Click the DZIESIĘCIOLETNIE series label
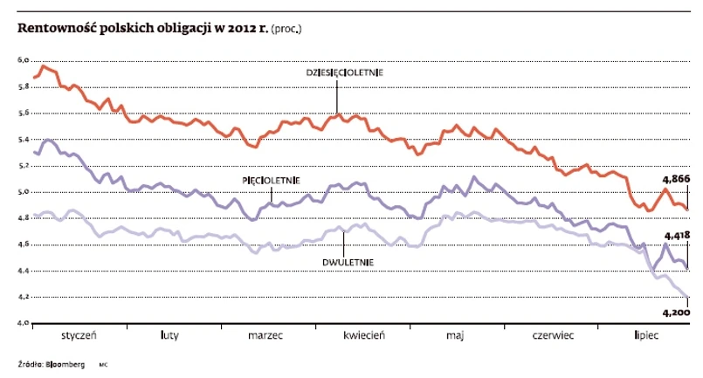point(344,72)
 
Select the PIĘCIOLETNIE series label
point(271,180)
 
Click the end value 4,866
point(675,177)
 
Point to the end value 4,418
point(677,236)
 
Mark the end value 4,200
point(676,312)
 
